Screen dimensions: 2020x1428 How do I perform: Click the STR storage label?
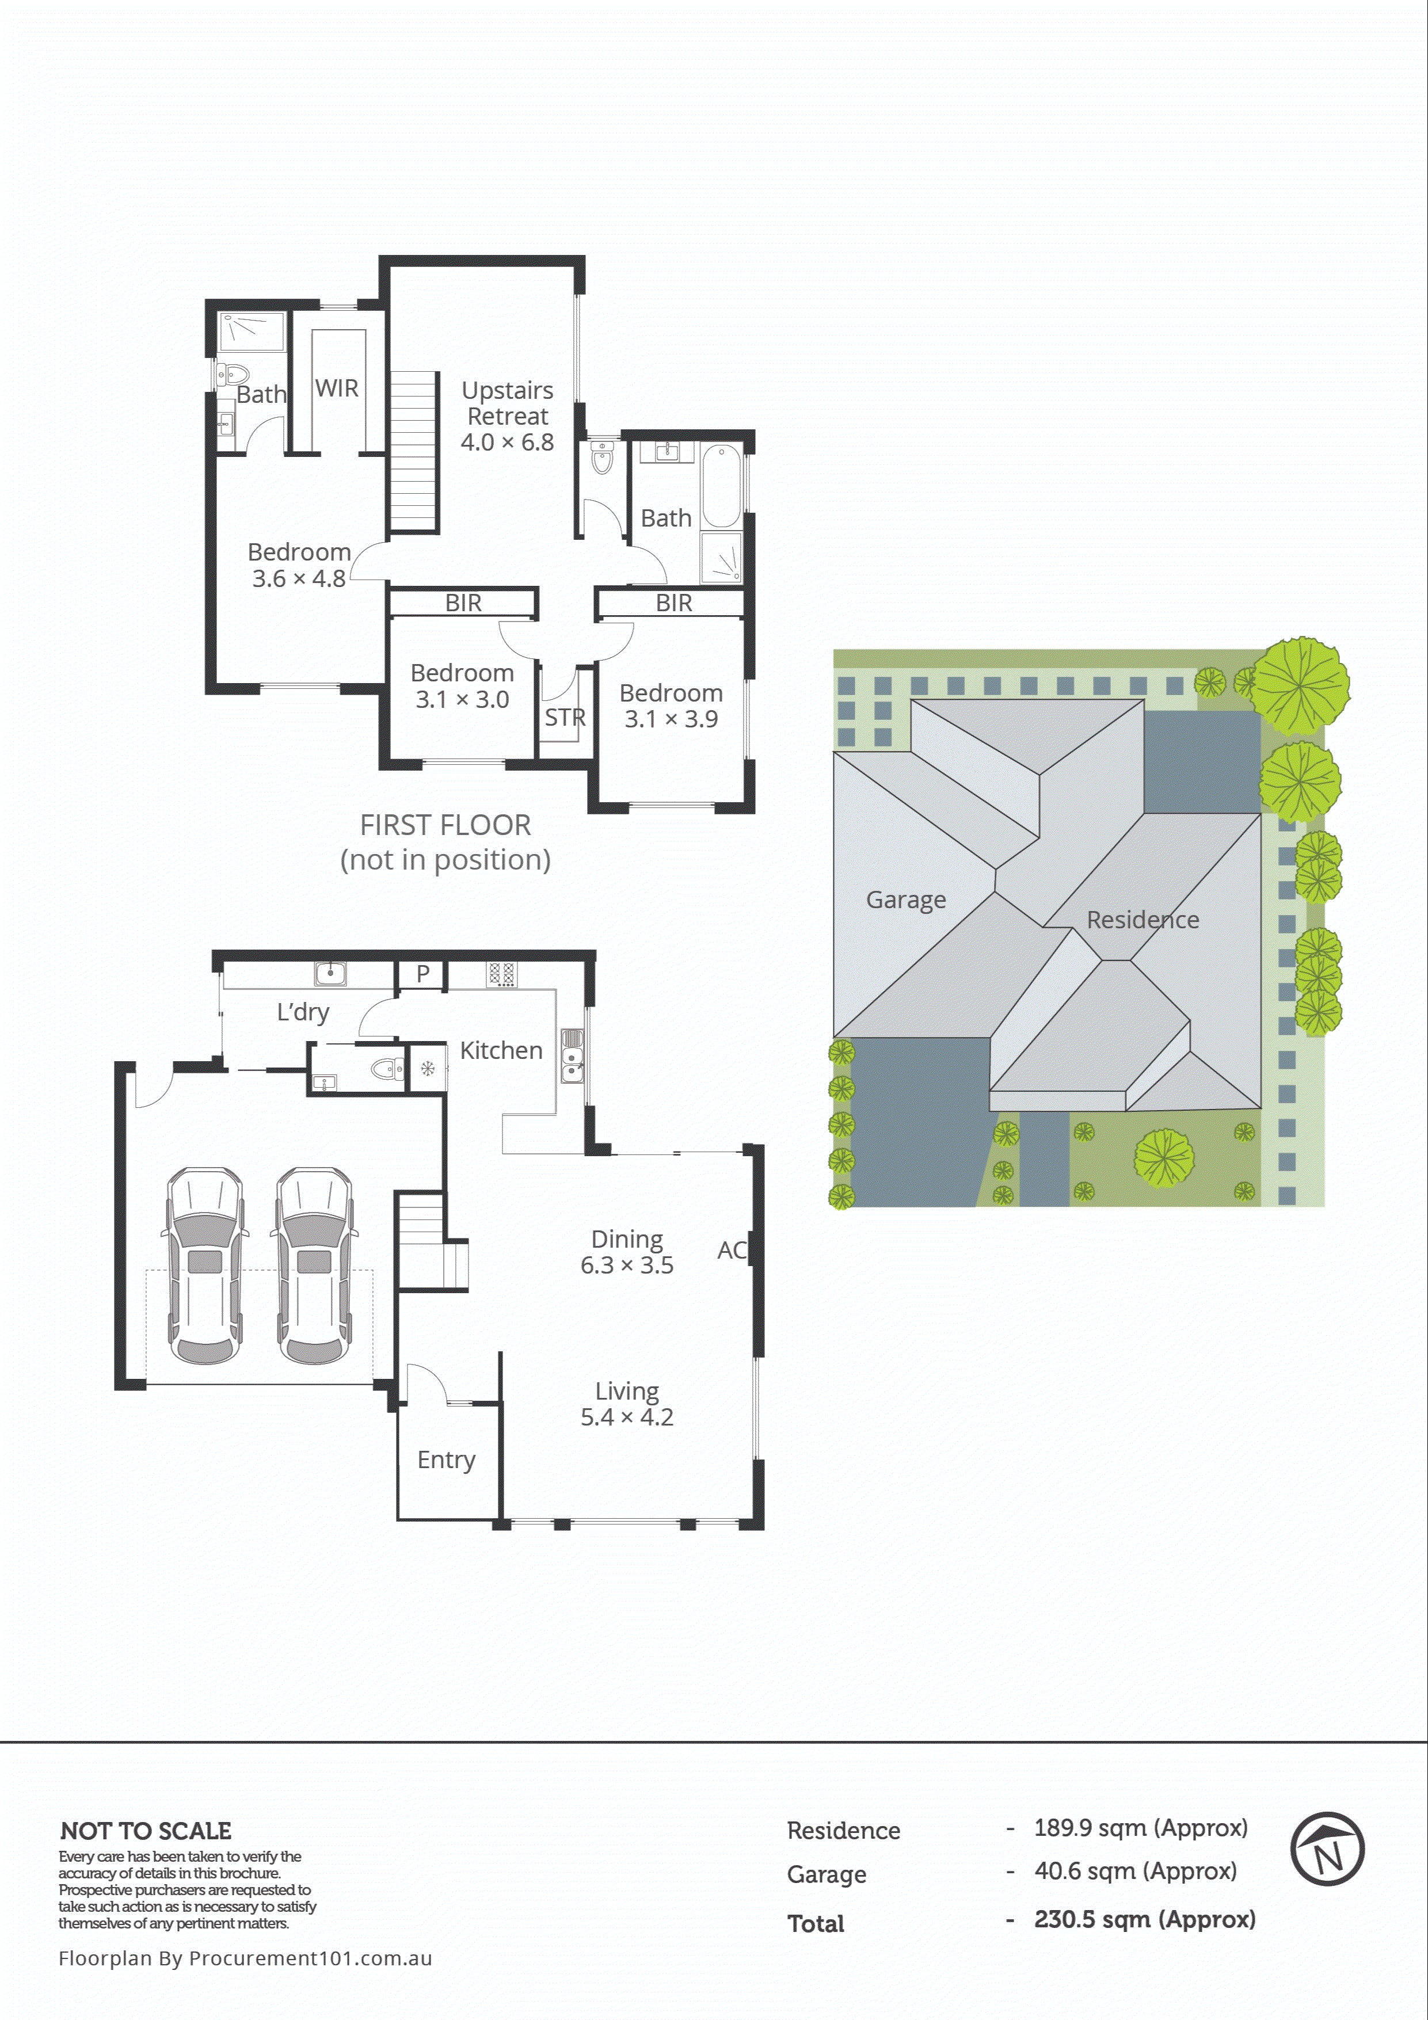click(564, 717)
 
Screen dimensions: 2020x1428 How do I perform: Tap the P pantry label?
click(422, 974)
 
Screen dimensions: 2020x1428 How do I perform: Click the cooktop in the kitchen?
click(501, 974)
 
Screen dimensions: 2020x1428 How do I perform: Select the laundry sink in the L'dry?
click(330, 973)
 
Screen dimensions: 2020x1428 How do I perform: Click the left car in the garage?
click(205, 1266)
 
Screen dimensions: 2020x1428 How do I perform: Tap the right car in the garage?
click(315, 1266)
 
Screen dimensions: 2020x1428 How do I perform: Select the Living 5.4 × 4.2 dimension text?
click(626, 1417)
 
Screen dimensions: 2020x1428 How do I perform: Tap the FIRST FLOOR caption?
click(445, 825)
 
